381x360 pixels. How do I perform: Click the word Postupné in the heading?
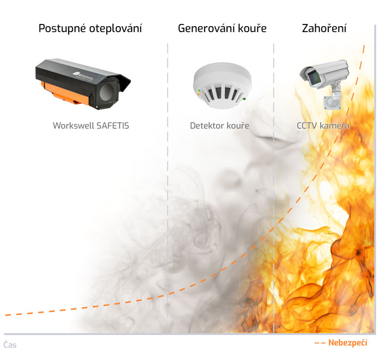[62, 29]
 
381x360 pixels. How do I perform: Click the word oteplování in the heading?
[115, 28]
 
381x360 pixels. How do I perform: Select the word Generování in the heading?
[206, 28]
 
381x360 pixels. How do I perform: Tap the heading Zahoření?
[324, 28]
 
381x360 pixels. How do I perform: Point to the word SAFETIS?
[113, 126]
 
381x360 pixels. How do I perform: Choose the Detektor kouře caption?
[219, 126]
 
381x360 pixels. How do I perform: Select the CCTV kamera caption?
[323, 126]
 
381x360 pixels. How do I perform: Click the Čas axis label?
[10, 345]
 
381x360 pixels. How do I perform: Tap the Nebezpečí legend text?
[348, 343]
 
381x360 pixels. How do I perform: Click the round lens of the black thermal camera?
[106, 93]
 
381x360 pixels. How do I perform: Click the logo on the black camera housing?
[83, 75]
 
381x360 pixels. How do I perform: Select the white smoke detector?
[222, 85]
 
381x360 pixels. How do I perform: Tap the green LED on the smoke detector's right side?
[244, 99]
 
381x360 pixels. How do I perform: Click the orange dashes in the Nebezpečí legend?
[320, 343]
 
